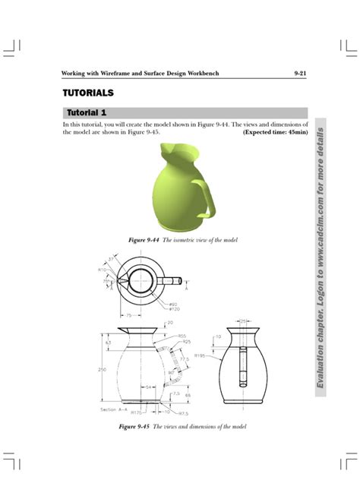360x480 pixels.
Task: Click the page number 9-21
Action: tap(299, 73)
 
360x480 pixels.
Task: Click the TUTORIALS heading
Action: tap(87, 93)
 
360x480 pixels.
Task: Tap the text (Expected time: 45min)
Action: tap(275, 132)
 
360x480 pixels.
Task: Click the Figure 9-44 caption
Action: tap(183, 240)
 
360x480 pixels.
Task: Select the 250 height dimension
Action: tap(103, 370)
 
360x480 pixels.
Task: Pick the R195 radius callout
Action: tap(200, 355)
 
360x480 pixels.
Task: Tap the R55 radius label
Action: tap(182, 336)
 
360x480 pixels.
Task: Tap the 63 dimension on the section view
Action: tap(108, 343)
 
